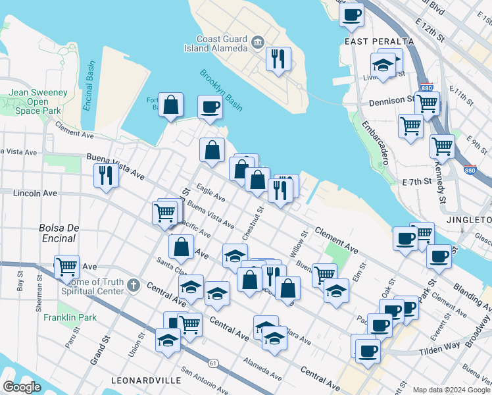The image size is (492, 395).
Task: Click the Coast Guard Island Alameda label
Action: [220, 43]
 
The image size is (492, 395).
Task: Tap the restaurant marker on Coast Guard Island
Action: [278, 59]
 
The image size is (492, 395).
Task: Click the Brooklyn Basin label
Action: [221, 89]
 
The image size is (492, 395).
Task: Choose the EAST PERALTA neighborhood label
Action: [379, 41]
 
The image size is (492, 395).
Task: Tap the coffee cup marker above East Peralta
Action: [352, 14]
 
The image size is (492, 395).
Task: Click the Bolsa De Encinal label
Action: [59, 233]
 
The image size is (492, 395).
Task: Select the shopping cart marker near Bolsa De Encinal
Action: [66, 267]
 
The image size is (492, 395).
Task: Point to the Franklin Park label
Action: [70, 317]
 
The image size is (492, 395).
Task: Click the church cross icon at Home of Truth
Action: [134, 285]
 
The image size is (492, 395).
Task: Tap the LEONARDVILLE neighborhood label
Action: [146, 381]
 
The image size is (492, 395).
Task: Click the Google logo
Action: [21, 387]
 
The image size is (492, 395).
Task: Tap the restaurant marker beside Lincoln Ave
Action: [105, 176]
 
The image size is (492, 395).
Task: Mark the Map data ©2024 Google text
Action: [451, 390]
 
